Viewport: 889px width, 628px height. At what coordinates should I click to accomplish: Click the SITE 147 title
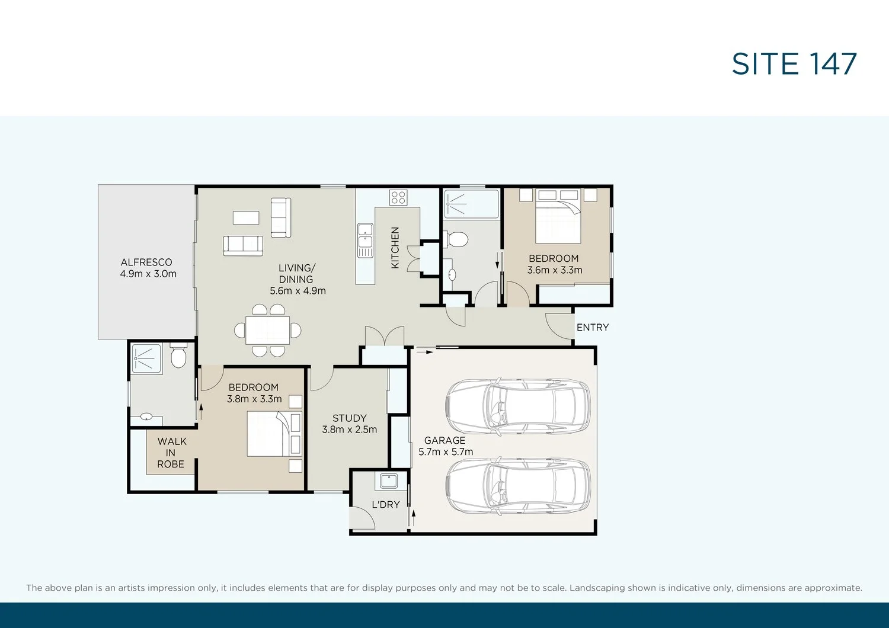[794, 63]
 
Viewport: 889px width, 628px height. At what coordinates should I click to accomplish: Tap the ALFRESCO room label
[146, 262]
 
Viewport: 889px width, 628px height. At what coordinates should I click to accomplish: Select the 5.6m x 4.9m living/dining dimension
[298, 291]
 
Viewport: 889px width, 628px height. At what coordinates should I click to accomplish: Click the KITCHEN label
[395, 248]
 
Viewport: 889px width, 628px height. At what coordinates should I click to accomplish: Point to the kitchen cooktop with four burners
[398, 197]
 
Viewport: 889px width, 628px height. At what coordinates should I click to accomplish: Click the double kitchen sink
[365, 241]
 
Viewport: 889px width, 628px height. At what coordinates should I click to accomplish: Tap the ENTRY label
[593, 327]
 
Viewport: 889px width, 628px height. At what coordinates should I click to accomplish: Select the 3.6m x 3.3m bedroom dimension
[555, 270]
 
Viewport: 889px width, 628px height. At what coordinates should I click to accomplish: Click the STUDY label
[349, 418]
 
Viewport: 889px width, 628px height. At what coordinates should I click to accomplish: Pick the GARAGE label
[445, 440]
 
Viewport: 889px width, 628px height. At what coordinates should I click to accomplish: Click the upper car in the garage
[517, 406]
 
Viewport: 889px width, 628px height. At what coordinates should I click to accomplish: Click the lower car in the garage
[517, 487]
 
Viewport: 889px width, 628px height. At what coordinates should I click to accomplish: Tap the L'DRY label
[386, 505]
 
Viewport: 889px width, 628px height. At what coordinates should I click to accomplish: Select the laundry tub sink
[389, 481]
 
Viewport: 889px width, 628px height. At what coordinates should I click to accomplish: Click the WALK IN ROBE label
[171, 453]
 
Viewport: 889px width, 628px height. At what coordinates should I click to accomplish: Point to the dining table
[267, 330]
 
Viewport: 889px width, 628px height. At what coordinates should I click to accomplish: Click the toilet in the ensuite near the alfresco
[178, 356]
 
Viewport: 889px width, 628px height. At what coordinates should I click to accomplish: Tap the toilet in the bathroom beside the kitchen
[458, 239]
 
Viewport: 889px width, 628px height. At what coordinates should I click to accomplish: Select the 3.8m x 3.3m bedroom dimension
[254, 399]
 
